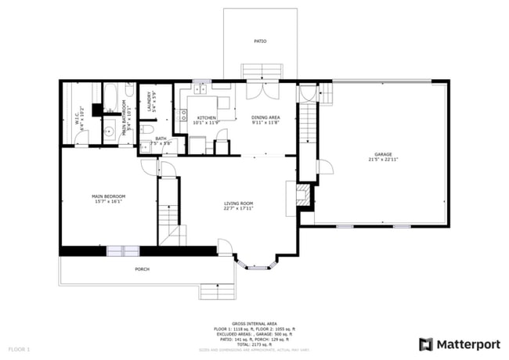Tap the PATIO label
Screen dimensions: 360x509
(259, 41)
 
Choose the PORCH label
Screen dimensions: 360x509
(142, 269)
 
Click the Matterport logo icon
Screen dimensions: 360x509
(425, 343)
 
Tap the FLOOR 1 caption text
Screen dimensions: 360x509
(19, 347)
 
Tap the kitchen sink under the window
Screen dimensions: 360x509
(200, 88)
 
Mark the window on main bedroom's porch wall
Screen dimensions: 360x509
(123, 250)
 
